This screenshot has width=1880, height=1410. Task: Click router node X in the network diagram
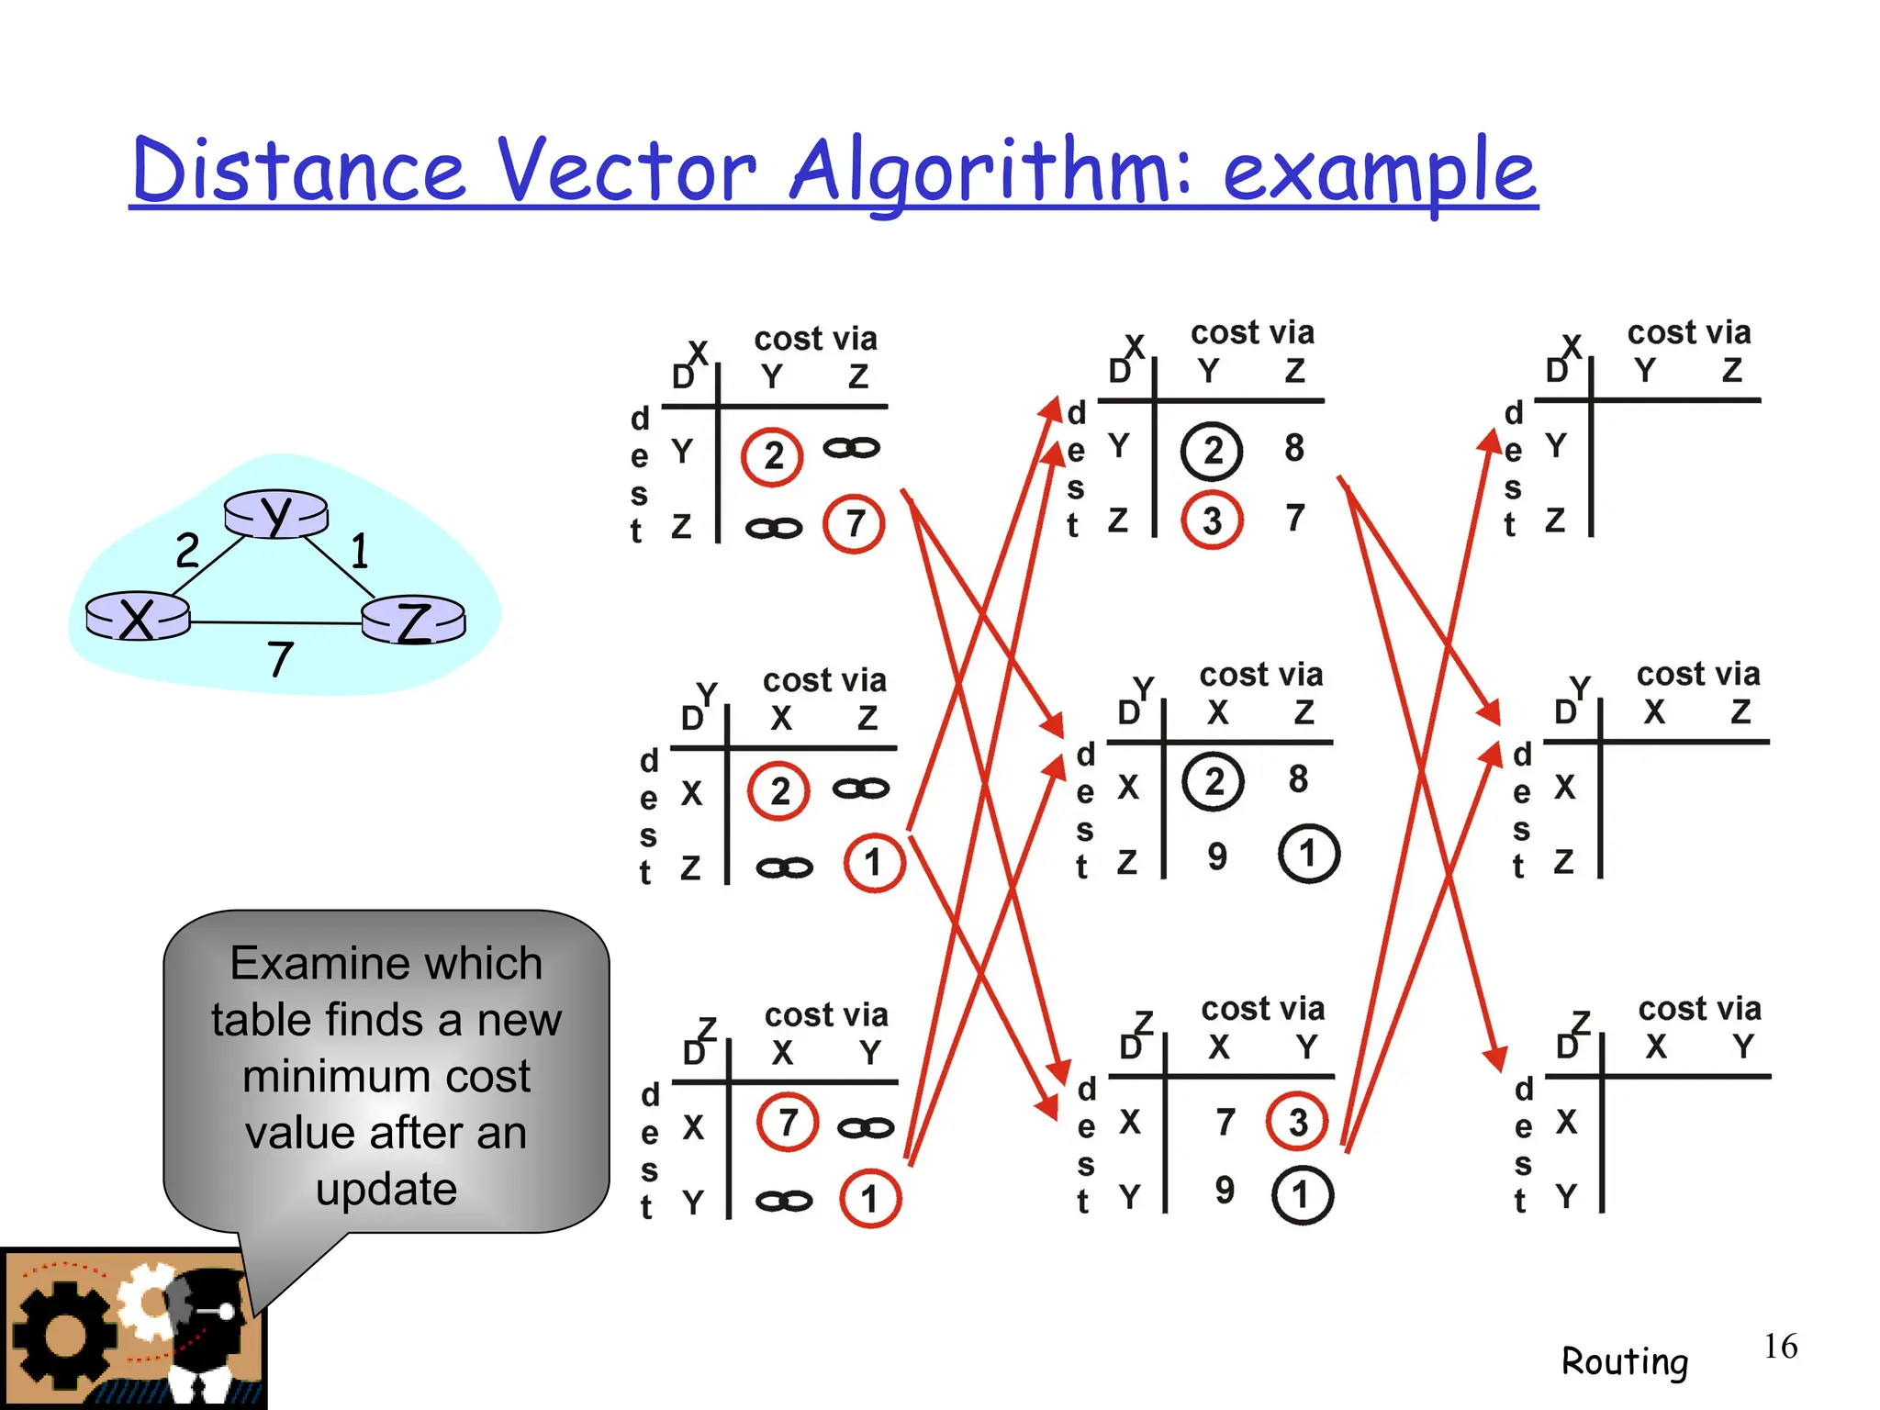(x=138, y=617)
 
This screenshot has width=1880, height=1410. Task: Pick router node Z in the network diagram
(x=414, y=621)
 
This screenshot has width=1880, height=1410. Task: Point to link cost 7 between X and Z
(x=280, y=659)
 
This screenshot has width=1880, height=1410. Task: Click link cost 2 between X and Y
(x=187, y=550)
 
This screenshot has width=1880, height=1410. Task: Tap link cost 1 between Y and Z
(x=360, y=551)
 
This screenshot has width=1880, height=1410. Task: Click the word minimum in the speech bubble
(x=386, y=1076)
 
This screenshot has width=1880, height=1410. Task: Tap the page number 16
(x=1780, y=1347)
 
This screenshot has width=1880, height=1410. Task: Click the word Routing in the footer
(x=1625, y=1361)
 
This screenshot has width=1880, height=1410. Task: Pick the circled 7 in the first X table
(x=855, y=523)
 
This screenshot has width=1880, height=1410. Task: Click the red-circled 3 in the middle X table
(x=1213, y=520)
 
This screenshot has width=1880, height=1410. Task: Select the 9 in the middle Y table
(x=1217, y=856)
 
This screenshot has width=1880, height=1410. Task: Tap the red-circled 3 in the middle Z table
(x=1297, y=1122)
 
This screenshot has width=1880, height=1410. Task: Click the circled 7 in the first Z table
(x=788, y=1122)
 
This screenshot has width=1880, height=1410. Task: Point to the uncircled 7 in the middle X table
(x=1295, y=518)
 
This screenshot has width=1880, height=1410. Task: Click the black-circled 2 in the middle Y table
(x=1214, y=782)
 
